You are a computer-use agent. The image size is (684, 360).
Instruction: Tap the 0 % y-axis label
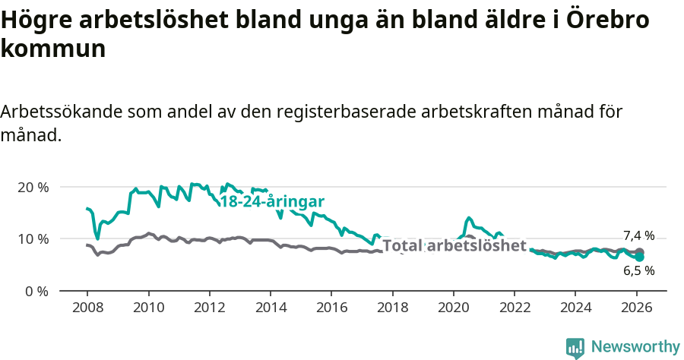(x=35, y=291)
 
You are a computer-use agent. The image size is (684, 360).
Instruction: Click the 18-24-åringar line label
(x=272, y=201)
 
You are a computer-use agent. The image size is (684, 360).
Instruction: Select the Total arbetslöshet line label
(x=454, y=245)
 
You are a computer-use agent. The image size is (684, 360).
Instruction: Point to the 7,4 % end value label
(x=638, y=235)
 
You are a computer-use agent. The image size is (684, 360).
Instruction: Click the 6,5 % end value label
(x=638, y=270)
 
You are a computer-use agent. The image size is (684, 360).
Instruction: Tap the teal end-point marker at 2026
(x=640, y=257)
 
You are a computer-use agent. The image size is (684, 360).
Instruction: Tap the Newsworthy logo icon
(x=575, y=348)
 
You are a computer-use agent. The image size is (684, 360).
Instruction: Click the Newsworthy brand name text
(x=635, y=347)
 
